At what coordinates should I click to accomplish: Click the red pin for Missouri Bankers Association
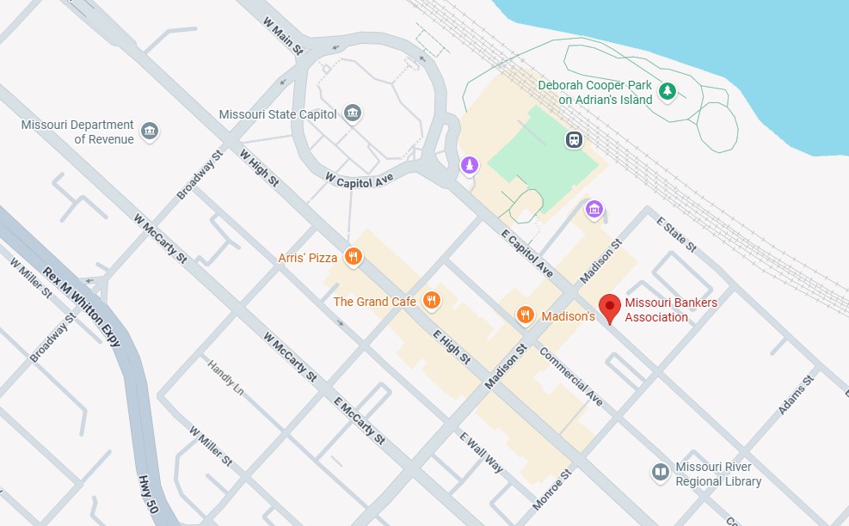(610, 307)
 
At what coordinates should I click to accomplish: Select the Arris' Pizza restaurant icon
(352, 256)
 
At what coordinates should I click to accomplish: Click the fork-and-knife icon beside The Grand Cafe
(433, 301)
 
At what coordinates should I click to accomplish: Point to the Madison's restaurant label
(568, 316)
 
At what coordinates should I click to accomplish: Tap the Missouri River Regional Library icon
(661, 472)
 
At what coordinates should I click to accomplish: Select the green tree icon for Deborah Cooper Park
(667, 90)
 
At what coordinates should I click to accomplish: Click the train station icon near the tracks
(574, 139)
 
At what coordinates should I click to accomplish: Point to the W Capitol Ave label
(360, 178)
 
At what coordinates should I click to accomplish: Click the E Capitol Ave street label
(528, 253)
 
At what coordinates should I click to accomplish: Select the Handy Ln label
(225, 378)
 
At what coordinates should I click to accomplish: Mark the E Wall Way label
(482, 452)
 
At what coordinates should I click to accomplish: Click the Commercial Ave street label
(571, 376)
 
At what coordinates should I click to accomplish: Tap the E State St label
(676, 230)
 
